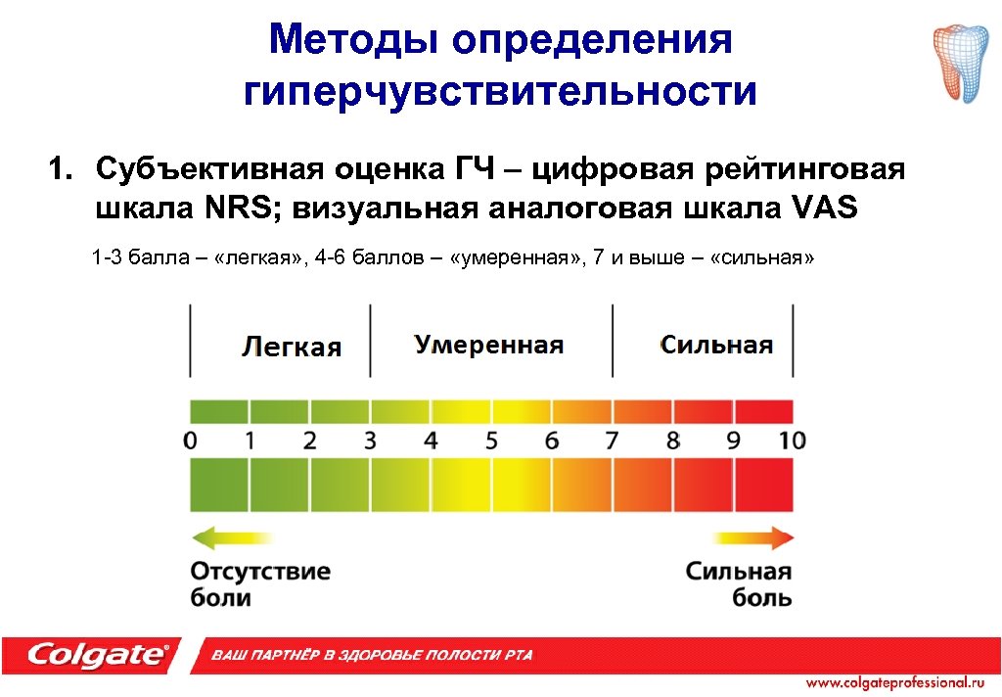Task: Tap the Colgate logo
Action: pos(98,654)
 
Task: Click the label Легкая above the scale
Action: pos(292,347)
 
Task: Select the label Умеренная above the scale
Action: pos(488,345)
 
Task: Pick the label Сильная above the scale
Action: pos(716,345)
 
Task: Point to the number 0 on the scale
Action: pos(190,441)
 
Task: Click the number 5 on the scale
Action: pos(491,441)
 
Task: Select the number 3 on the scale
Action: pos(370,441)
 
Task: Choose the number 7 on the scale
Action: pos(612,441)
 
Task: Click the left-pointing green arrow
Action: pos(233,537)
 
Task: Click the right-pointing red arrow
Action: pos(753,537)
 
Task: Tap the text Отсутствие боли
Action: pos(259,583)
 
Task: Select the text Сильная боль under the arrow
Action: pos(738,583)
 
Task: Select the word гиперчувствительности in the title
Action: pos(500,92)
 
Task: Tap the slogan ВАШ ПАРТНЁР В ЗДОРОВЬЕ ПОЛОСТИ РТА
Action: pos(373,655)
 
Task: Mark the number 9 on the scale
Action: pos(733,441)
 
